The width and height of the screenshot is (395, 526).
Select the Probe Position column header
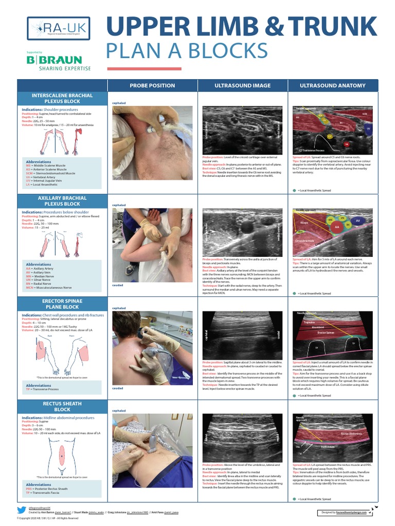point(152,86)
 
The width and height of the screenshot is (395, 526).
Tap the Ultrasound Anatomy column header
point(333,86)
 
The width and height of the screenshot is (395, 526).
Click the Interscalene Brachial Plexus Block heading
point(62,99)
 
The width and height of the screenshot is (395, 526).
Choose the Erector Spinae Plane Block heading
point(62,304)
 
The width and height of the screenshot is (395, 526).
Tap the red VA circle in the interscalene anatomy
point(346,144)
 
